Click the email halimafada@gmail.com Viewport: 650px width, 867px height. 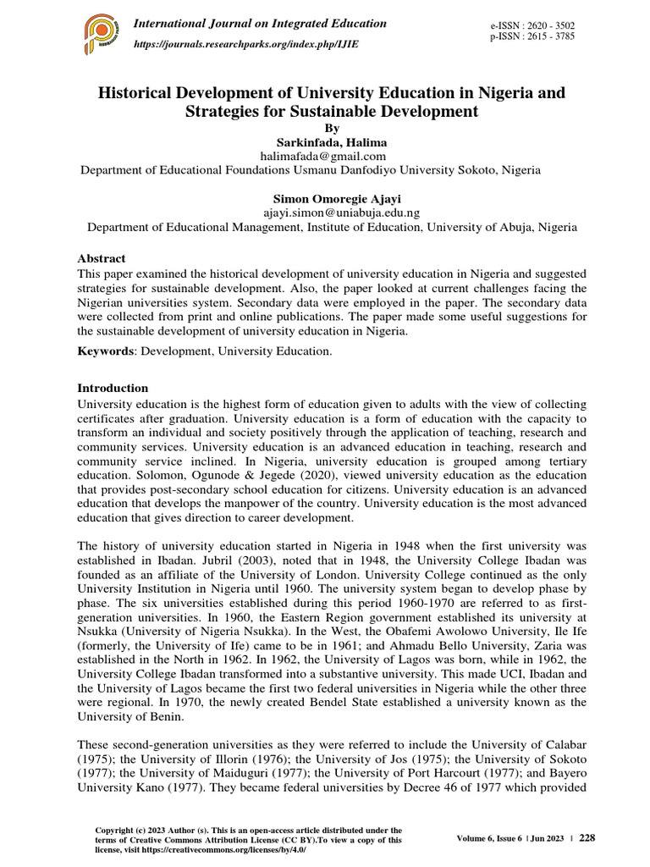pyautogui.click(x=325, y=156)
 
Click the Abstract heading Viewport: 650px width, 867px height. pyautogui.click(x=102, y=258)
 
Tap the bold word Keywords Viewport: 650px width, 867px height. pyautogui.click(x=104, y=350)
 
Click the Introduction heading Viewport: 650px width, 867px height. pyautogui.click(x=113, y=388)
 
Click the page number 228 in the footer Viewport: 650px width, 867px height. pyautogui.click(x=587, y=837)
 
